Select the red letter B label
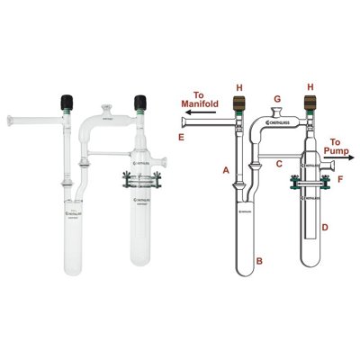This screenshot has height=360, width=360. (x=259, y=260)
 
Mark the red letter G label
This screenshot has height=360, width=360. (x=277, y=98)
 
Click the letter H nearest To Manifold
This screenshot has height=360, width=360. (x=238, y=87)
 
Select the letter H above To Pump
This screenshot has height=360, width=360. (x=311, y=87)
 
